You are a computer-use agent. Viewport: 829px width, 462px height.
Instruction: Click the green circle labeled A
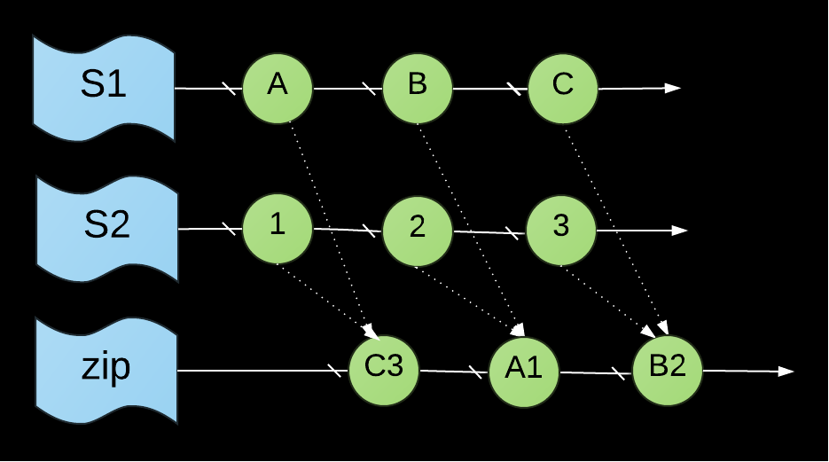pyautogui.click(x=278, y=89)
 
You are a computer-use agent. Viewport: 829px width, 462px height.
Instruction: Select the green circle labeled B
pyautogui.click(x=417, y=89)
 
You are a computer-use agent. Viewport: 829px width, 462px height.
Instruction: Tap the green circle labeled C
pyautogui.click(x=562, y=89)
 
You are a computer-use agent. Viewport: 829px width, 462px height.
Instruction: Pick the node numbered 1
pyautogui.click(x=278, y=229)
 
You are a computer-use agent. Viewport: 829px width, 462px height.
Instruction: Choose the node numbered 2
pyautogui.click(x=417, y=231)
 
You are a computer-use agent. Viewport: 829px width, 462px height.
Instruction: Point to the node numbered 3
pyautogui.click(x=561, y=230)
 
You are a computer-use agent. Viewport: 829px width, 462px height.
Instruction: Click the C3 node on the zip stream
pyautogui.click(x=384, y=370)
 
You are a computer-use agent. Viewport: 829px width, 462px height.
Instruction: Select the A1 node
pyautogui.click(x=523, y=372)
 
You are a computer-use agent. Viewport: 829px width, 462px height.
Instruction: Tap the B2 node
pyautogui.click(x=668, y=370)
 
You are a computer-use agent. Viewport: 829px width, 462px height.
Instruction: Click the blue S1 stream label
pyautogui.click(x=104, y=89)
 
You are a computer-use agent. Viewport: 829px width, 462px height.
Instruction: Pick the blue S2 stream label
pyautogui.click(x=106, y=229)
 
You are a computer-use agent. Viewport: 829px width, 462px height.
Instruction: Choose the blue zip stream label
pyautogui.click(x=106, y=370)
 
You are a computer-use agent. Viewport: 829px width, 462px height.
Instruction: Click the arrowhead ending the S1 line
pyautogui.click(x=672, y=89)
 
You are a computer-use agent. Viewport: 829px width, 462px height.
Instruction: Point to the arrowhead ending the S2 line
pyautogui.click(x=679, y=231)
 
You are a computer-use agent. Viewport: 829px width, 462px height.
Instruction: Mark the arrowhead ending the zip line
pyautogui.click(x=786, y=372)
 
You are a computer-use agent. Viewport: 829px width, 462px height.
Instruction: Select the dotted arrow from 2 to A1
pyautogui.click(x=470, y=301)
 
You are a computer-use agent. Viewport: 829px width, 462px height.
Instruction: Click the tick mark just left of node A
pyautogui.click(x=229, y=89)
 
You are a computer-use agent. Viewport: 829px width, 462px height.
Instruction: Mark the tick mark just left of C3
pyautogui.click(x=334, y=371)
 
